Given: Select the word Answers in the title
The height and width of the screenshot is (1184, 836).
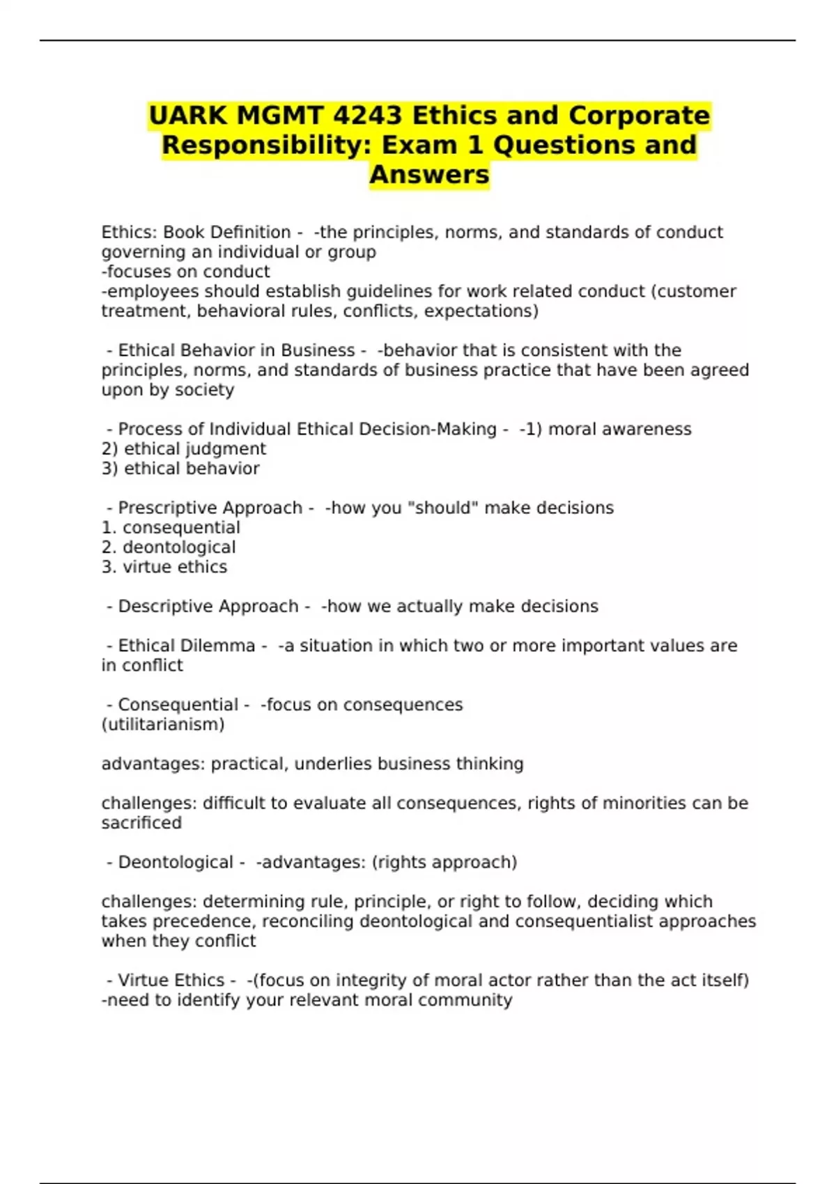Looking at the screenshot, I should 429,175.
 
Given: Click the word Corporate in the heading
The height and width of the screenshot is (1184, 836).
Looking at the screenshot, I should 639,116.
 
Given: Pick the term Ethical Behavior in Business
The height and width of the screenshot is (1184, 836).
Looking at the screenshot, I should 236,350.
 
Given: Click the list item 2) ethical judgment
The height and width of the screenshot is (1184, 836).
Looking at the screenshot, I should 184,449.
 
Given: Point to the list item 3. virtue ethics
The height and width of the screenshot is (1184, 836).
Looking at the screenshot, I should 164,567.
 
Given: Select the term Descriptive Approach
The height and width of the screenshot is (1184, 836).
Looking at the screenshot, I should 208,607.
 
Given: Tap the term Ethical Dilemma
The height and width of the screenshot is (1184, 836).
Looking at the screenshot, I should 186,646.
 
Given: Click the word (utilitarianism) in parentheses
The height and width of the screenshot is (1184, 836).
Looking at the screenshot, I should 163,725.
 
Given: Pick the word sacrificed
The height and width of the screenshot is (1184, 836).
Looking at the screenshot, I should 141,823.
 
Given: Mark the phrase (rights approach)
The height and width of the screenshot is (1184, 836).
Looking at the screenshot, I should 444,862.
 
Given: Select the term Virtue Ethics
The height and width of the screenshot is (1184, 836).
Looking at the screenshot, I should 171,981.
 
